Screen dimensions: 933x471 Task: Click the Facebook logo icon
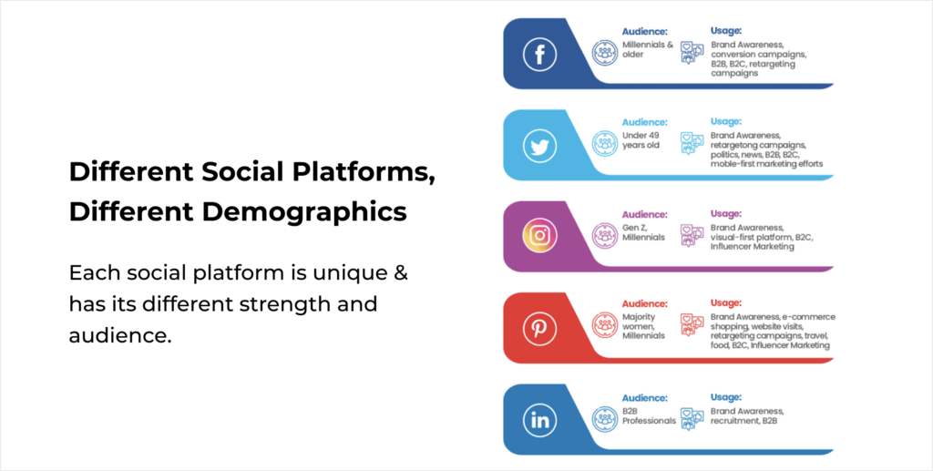pos(539,55)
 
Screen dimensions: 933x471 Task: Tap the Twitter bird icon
pos(539,146)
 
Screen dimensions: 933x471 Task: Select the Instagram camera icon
pos(539,236)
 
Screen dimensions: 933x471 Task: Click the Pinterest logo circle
pos(539,328)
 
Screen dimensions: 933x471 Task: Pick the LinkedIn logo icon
pos(539,421)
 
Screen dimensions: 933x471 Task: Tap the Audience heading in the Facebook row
pos(645,32)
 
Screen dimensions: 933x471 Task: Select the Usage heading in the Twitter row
pos(726,121)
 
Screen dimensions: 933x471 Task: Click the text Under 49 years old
pos(641,140)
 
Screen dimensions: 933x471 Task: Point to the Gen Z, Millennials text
pos(644,232)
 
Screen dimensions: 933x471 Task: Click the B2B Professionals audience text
pos(649,415)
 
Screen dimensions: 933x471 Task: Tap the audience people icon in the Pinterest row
pos(605,325)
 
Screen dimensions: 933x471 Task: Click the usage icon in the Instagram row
pos(692,235)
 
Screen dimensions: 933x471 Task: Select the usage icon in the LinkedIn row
pos(692,419)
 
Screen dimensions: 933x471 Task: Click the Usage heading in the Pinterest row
pos(726,302)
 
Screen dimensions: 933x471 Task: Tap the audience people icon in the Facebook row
pos(605,52)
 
